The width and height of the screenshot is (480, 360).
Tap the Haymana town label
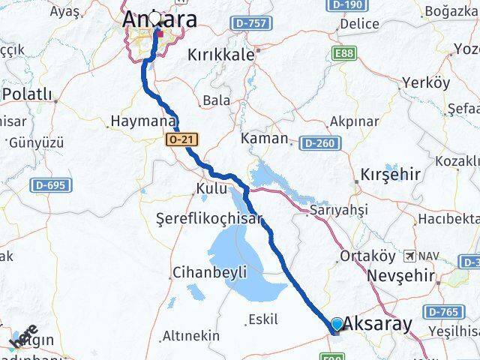click(142, 121)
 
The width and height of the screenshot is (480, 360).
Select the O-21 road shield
click(183, 139)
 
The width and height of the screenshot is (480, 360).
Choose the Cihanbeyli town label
click(209, 272)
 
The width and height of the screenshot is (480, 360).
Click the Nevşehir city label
click(401, 276)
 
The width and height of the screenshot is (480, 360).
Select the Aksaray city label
click(380, 324)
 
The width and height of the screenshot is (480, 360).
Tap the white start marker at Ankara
click(155, 17)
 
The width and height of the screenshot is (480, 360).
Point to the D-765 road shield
click(442, 310)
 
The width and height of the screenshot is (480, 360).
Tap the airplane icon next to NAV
click(409, 256)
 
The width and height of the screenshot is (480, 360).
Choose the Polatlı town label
click(28, 94)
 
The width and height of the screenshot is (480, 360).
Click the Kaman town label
click(265, 138)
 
